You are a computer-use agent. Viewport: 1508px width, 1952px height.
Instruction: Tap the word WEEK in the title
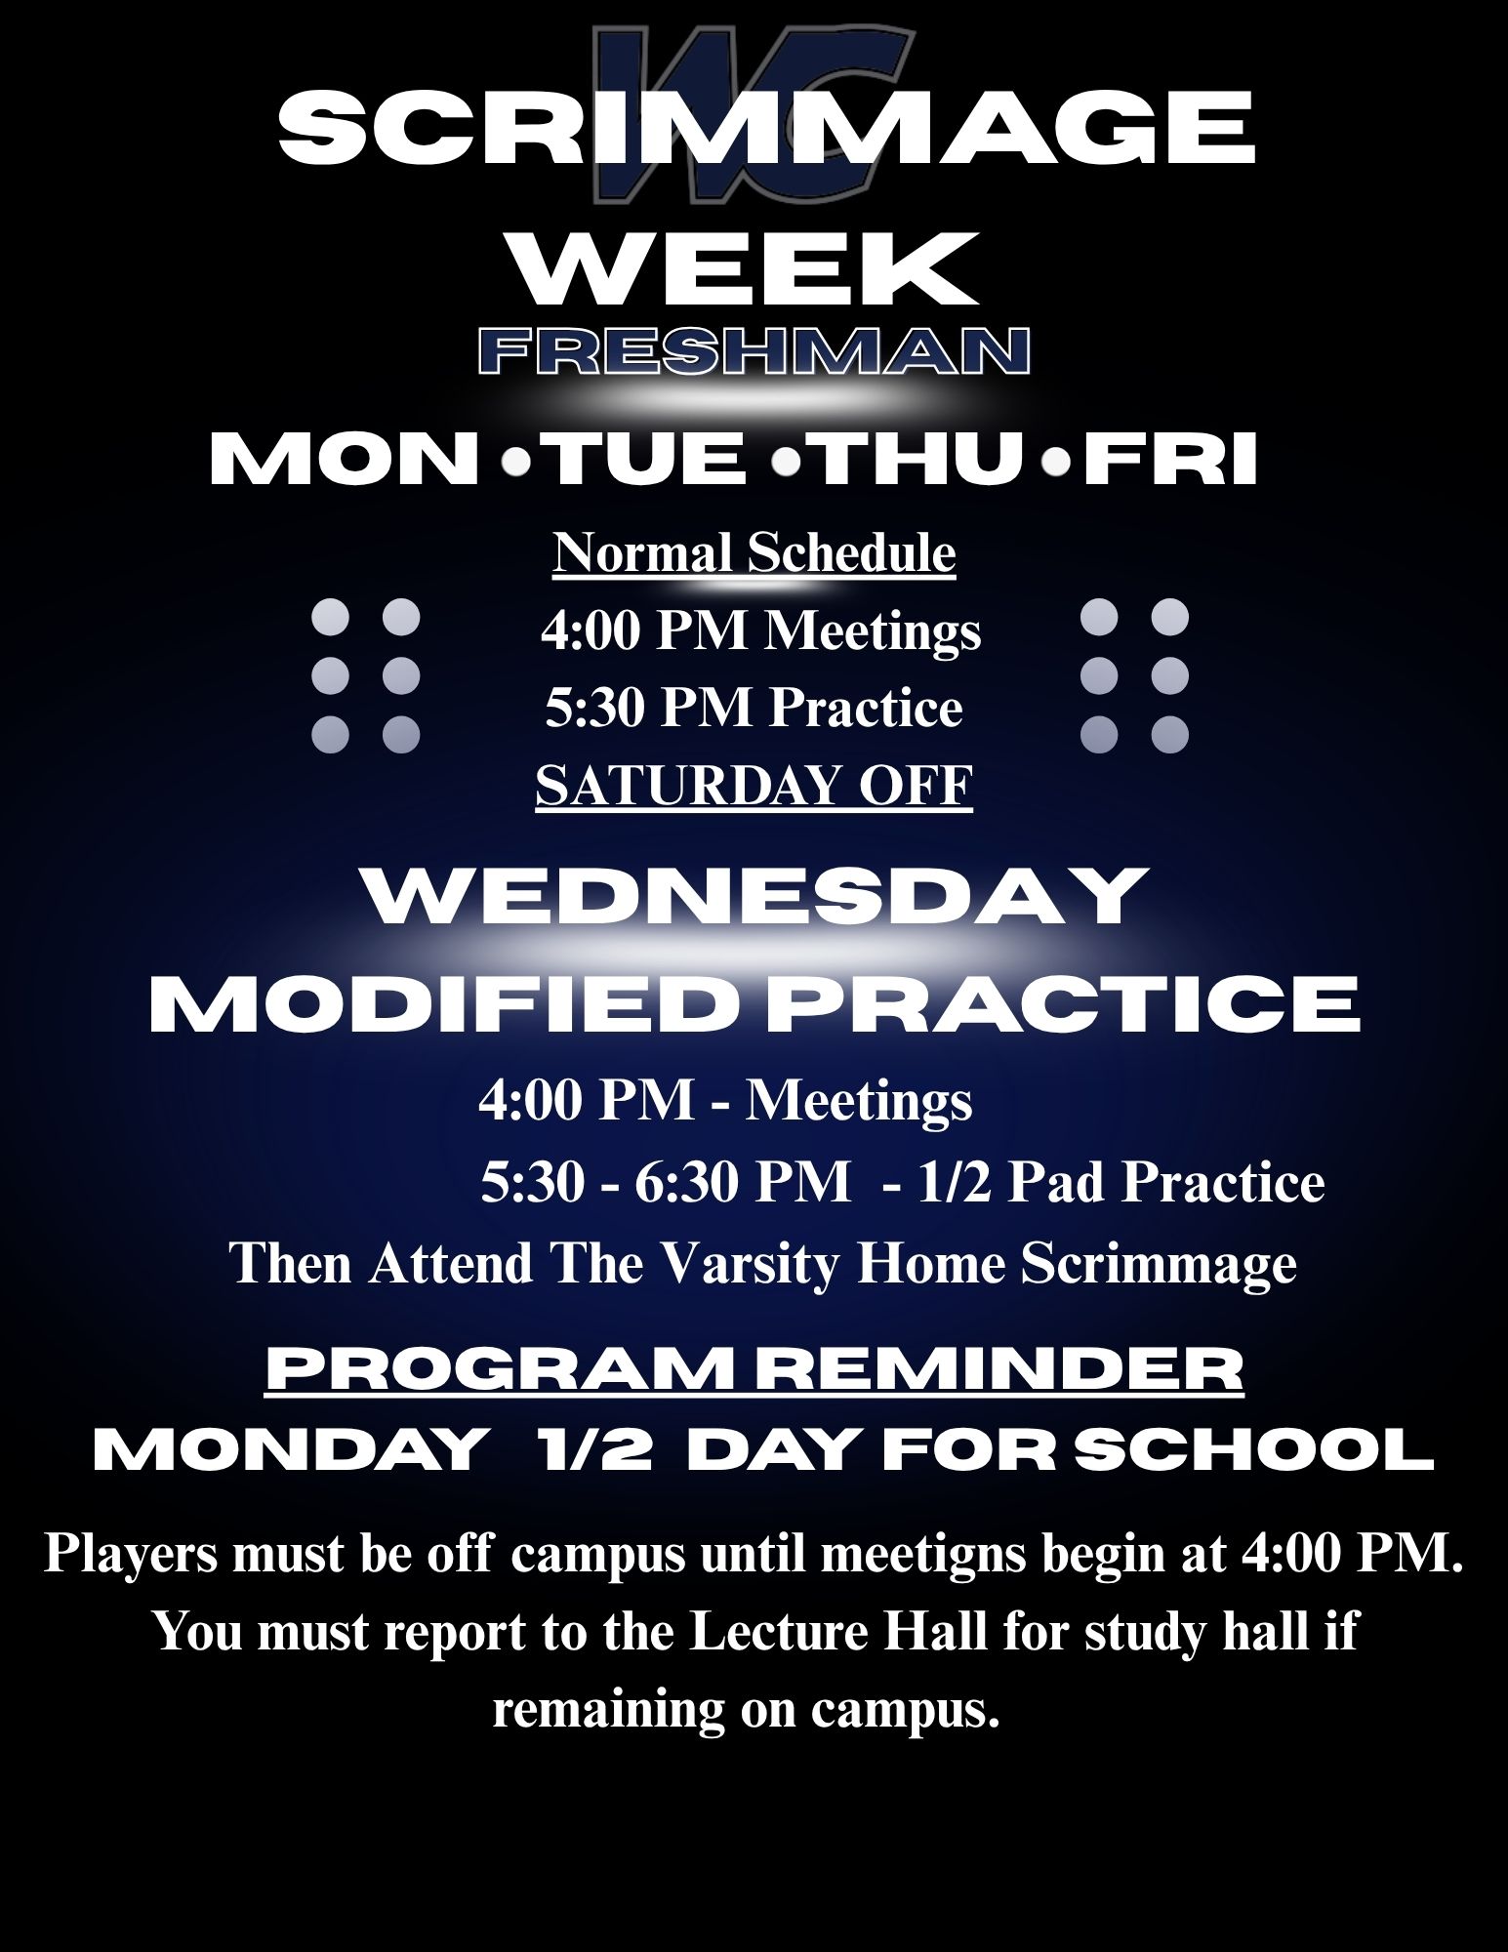pos(747,268)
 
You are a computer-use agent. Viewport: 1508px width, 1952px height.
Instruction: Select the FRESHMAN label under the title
pos(754,351)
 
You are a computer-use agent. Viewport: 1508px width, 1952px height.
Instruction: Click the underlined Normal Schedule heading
pos(754,554)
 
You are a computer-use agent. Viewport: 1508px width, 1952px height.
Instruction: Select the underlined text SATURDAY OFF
pos(754,786)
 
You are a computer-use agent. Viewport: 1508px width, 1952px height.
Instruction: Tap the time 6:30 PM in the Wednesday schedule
pos(743,1183)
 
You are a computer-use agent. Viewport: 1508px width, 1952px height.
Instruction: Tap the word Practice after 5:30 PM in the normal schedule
pos(866,709)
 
